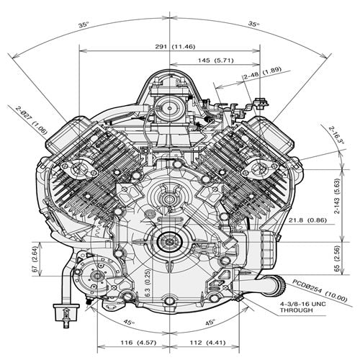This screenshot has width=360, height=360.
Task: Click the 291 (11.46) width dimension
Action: coord(175,47)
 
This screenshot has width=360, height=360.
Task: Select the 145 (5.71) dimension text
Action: coord(215,60)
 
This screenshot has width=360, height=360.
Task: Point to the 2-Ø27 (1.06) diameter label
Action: coord(32,120)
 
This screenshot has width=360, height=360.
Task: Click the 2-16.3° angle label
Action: coord(336,135)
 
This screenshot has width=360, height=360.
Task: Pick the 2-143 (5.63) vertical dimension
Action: coord(338,196)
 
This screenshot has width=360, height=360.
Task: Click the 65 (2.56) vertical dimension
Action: coord(338,258)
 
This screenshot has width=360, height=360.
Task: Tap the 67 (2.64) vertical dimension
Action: coord(35,259)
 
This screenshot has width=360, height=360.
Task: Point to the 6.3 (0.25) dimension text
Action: coord(148,283)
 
